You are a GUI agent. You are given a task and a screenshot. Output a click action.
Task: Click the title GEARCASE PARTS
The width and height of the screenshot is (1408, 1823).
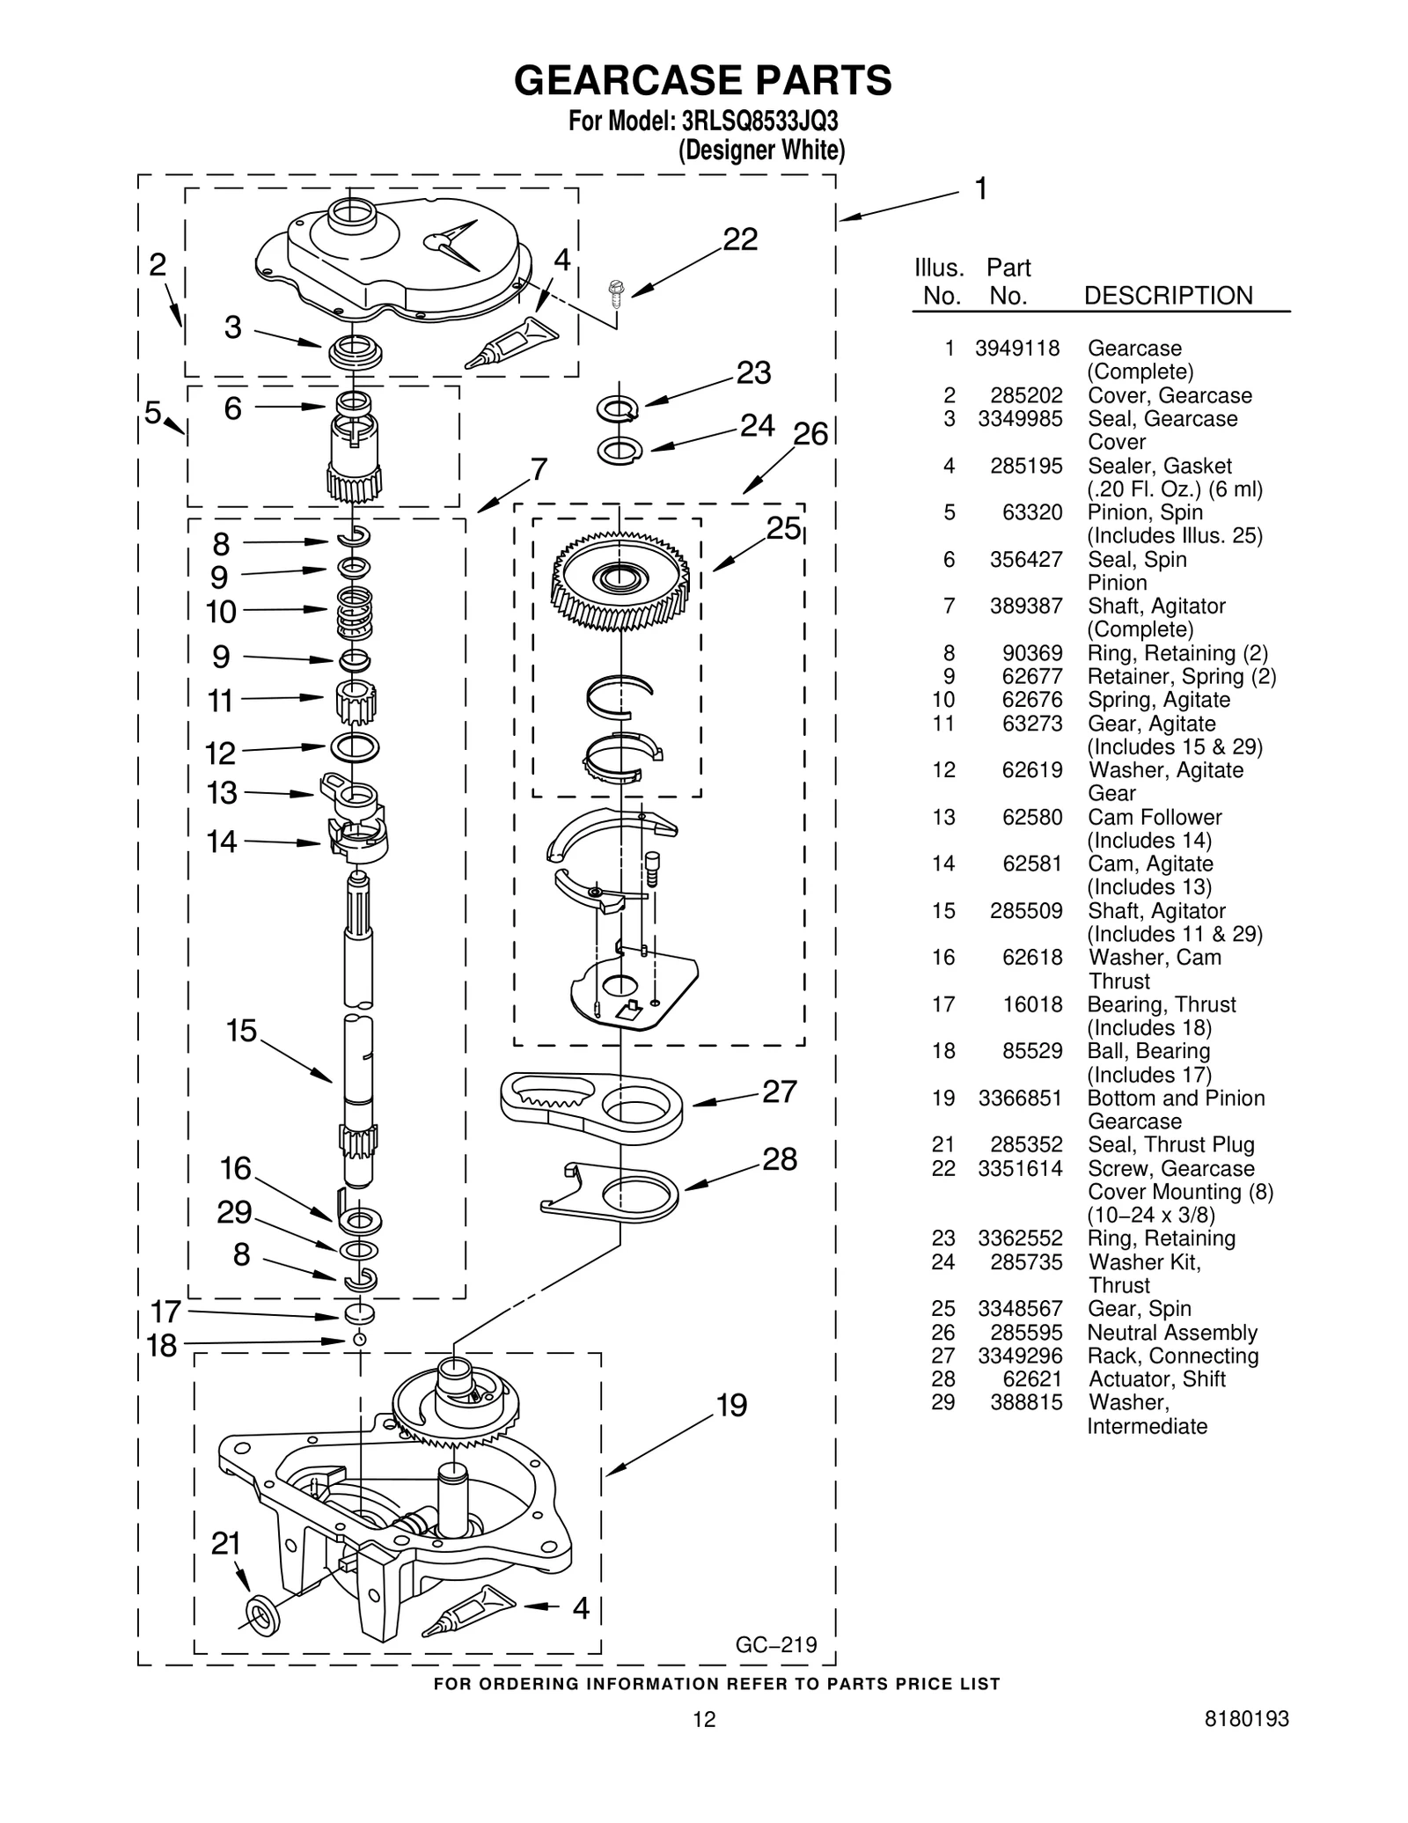pos(702,80)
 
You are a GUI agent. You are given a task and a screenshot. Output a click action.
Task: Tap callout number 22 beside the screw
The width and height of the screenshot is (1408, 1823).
pos(740,239)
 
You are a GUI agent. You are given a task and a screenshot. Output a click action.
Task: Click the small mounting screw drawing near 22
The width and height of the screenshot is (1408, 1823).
pos(616,291)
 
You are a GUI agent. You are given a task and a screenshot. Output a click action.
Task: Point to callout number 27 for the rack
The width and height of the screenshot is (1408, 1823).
pos(779,1092)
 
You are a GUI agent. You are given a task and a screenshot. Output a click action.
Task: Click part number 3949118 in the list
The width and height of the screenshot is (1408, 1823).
pos(1017,349)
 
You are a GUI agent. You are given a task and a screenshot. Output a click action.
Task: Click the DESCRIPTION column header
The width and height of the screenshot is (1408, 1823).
pos(1168,296)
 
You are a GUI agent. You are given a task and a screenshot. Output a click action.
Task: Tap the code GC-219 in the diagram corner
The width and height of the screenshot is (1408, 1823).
pos(776,1644)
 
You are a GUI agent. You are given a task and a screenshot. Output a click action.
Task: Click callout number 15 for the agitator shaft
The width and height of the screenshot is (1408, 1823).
pos(240,1031)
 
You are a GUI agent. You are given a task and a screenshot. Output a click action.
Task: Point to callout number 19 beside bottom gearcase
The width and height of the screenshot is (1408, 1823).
pos(731,1406)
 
